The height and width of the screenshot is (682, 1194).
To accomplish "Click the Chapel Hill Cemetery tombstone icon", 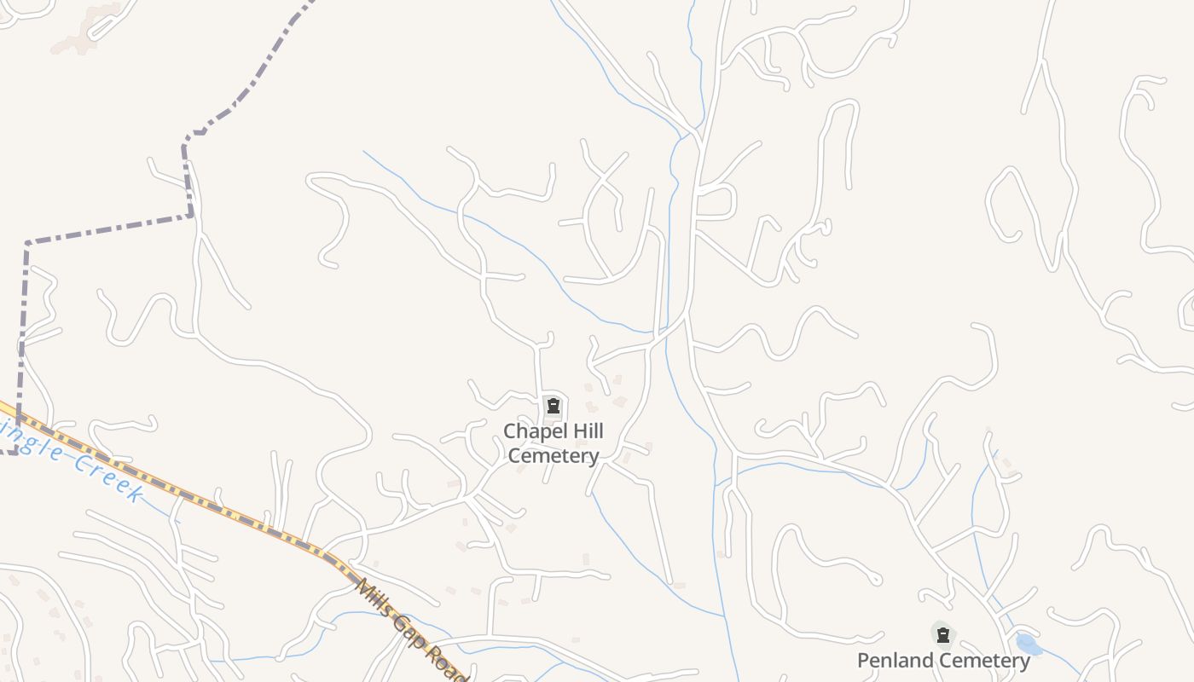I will pyautogui.click(x=553, y=406).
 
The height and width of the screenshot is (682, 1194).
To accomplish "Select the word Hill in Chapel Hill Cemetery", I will pyautogui.click(x=583, y=431).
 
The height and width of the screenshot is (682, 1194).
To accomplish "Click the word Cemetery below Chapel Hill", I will pyautogui.click(x=554, y=456).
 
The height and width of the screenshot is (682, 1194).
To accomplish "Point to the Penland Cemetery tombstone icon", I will pyautogui.click(x=942, y=635).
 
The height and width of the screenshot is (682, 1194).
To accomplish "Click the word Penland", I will pyautogui.click(x=894, y=661).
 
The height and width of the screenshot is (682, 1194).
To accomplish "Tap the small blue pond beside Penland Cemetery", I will pyautogui.click(x=1029, y=644).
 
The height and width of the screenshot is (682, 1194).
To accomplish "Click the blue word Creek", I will pyautogui.click(x=106, y=477).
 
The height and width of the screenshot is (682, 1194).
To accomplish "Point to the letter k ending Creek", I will pyautogui.click(x=135, y=493).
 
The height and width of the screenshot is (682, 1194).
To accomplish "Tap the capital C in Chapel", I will pyautogui.click(x=510, y=431).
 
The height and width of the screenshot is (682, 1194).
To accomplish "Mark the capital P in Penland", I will pyautogui.click(x=864, y=661).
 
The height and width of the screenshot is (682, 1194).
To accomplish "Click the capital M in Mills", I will pyautogui.click(x=362, y=586).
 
